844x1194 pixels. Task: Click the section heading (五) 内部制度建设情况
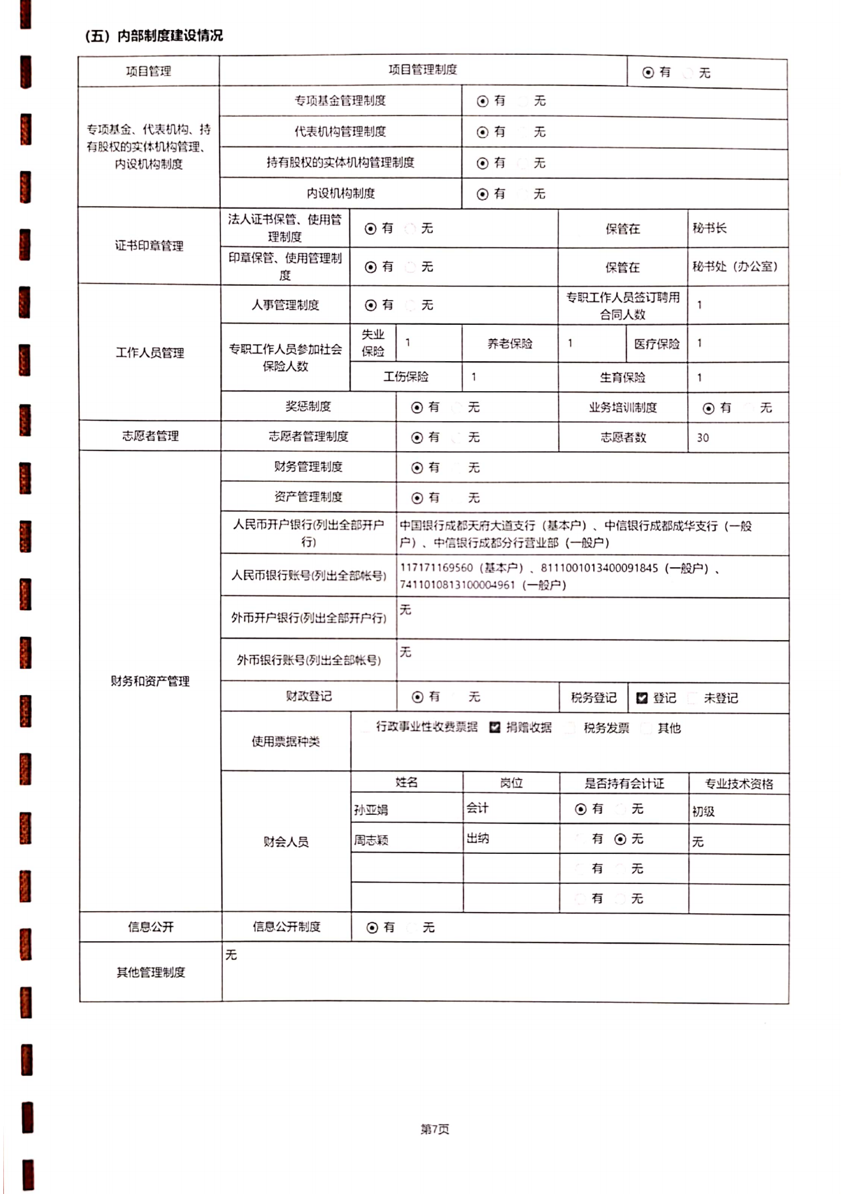[x=154, y=36]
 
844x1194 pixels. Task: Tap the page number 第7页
[x=434, y=1129]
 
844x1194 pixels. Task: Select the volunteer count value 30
[x=703, y=438]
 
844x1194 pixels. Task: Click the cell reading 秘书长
[x=709, y=228]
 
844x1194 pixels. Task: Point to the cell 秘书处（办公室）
[x=735, y=267]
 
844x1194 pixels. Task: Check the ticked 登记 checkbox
[x=642, y=698]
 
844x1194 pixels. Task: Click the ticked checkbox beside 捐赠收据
[x=495, y=728]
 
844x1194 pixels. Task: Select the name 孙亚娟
[x=371, y=810]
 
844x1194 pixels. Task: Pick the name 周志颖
[x=371, y=840]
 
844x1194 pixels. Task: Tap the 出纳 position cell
[x=478, y=839]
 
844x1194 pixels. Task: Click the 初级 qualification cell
[x=704, y=811]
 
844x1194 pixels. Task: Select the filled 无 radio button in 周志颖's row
[x=620, y=839]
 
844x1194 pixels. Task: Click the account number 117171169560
[x=437, y=568]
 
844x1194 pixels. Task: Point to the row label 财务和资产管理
[x=150, y=682]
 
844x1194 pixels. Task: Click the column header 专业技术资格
[x=739, y=784]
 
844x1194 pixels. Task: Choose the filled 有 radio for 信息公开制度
[x=372, y=928]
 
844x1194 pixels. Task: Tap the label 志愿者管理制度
[x=308, y=437]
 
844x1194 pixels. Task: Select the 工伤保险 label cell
[x=406, y=377]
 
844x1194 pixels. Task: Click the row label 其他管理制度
[x=151, y=973]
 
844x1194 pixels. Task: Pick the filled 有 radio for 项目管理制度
[x=648, y=73]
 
